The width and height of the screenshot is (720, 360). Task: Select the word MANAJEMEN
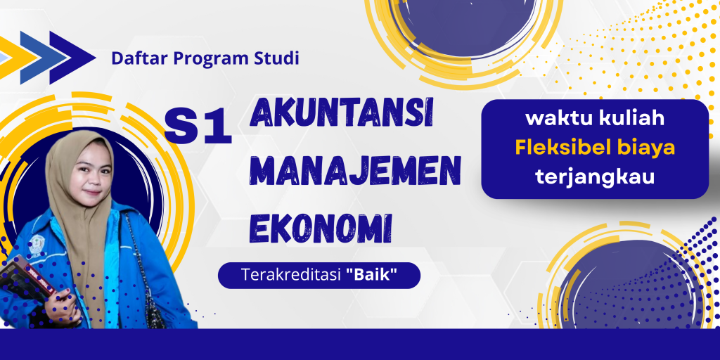click(355, 172)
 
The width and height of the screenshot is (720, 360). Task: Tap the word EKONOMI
click(321, 227)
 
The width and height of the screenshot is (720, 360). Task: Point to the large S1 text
click(198, 127)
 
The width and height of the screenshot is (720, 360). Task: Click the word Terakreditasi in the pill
click(291, 276)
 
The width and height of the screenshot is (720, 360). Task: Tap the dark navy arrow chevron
click(72, 58)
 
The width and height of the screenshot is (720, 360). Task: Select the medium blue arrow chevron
click(43, 58)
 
